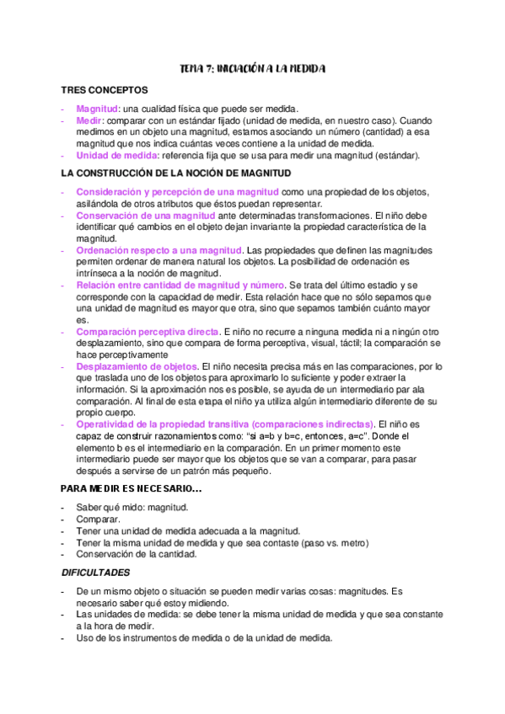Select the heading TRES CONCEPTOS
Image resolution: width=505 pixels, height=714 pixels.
[105, 89]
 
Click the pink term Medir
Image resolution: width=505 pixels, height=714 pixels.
[88, 120]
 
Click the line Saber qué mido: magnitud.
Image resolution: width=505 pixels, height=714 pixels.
[132, 509]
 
